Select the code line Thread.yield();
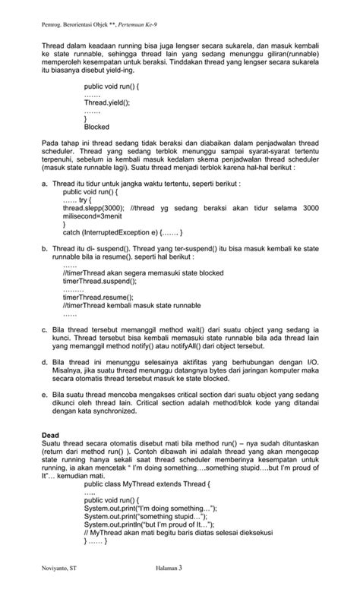(107, 101)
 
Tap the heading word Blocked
(96, 127)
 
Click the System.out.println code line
(149, 524)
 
